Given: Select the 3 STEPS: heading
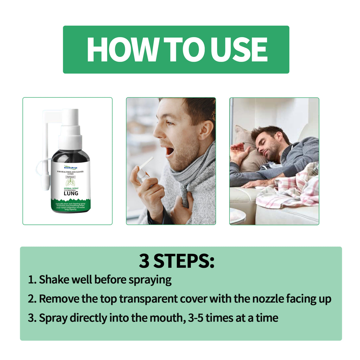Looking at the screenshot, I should click(176, 261).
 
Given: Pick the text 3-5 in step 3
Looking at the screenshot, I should click(196, 318).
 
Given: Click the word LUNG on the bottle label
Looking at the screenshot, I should click(71, 193).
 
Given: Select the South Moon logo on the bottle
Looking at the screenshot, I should click(71, 168).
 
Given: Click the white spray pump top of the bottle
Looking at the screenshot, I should click(70, 128).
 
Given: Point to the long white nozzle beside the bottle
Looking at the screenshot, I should click(46, 154).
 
